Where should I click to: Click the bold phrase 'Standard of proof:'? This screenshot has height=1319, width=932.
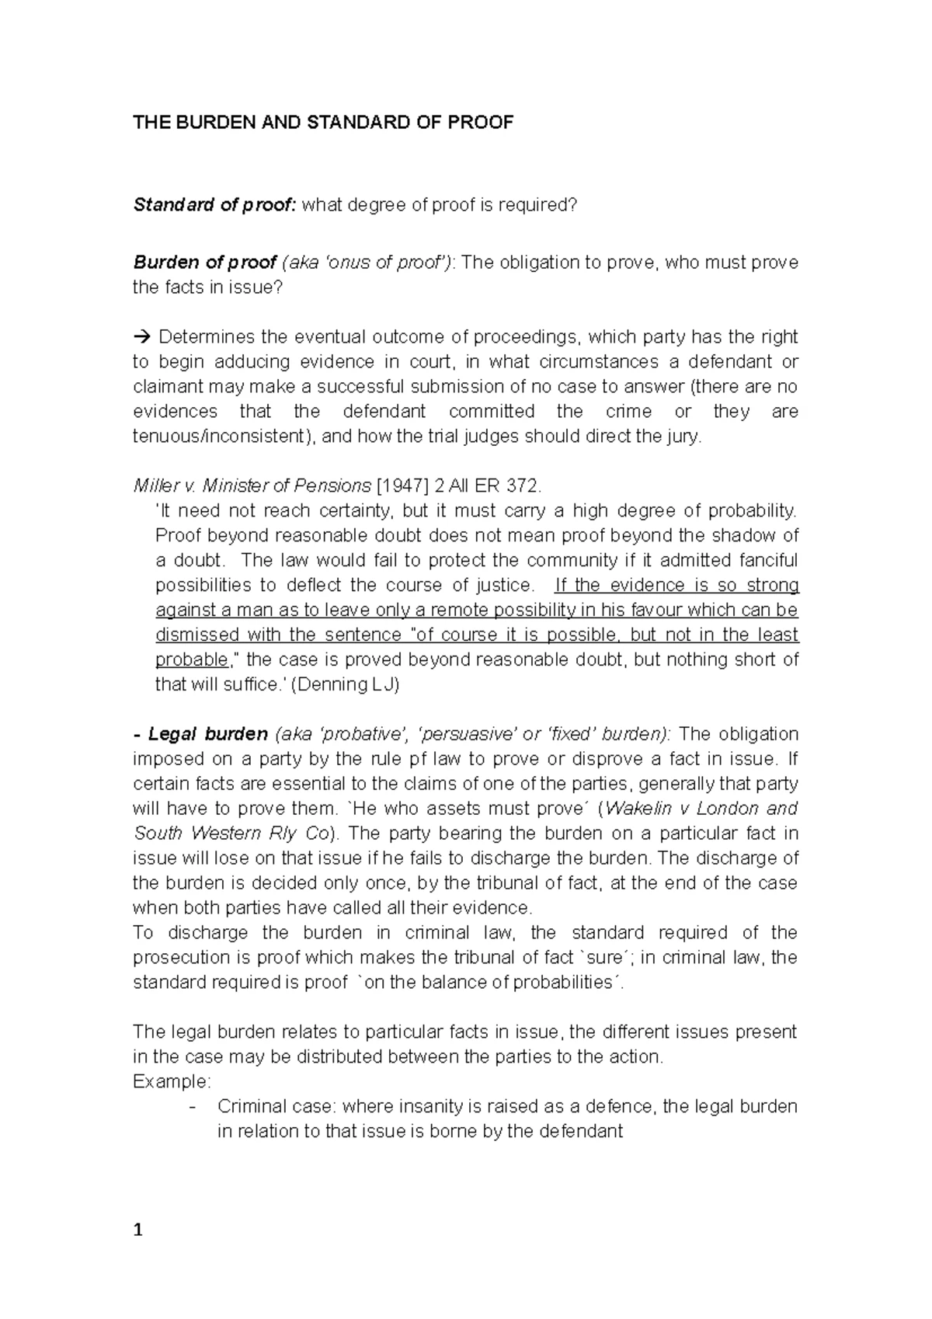[x=214, y=205]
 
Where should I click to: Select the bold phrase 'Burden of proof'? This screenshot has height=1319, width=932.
[x=205, y=263]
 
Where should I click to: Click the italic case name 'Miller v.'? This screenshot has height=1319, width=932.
[x=165, y=486]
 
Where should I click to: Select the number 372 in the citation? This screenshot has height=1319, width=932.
[x=520, y=486]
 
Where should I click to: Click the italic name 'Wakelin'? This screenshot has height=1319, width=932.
[x=635, y=809]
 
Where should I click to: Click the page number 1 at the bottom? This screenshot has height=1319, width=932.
[x=138, y=1230]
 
